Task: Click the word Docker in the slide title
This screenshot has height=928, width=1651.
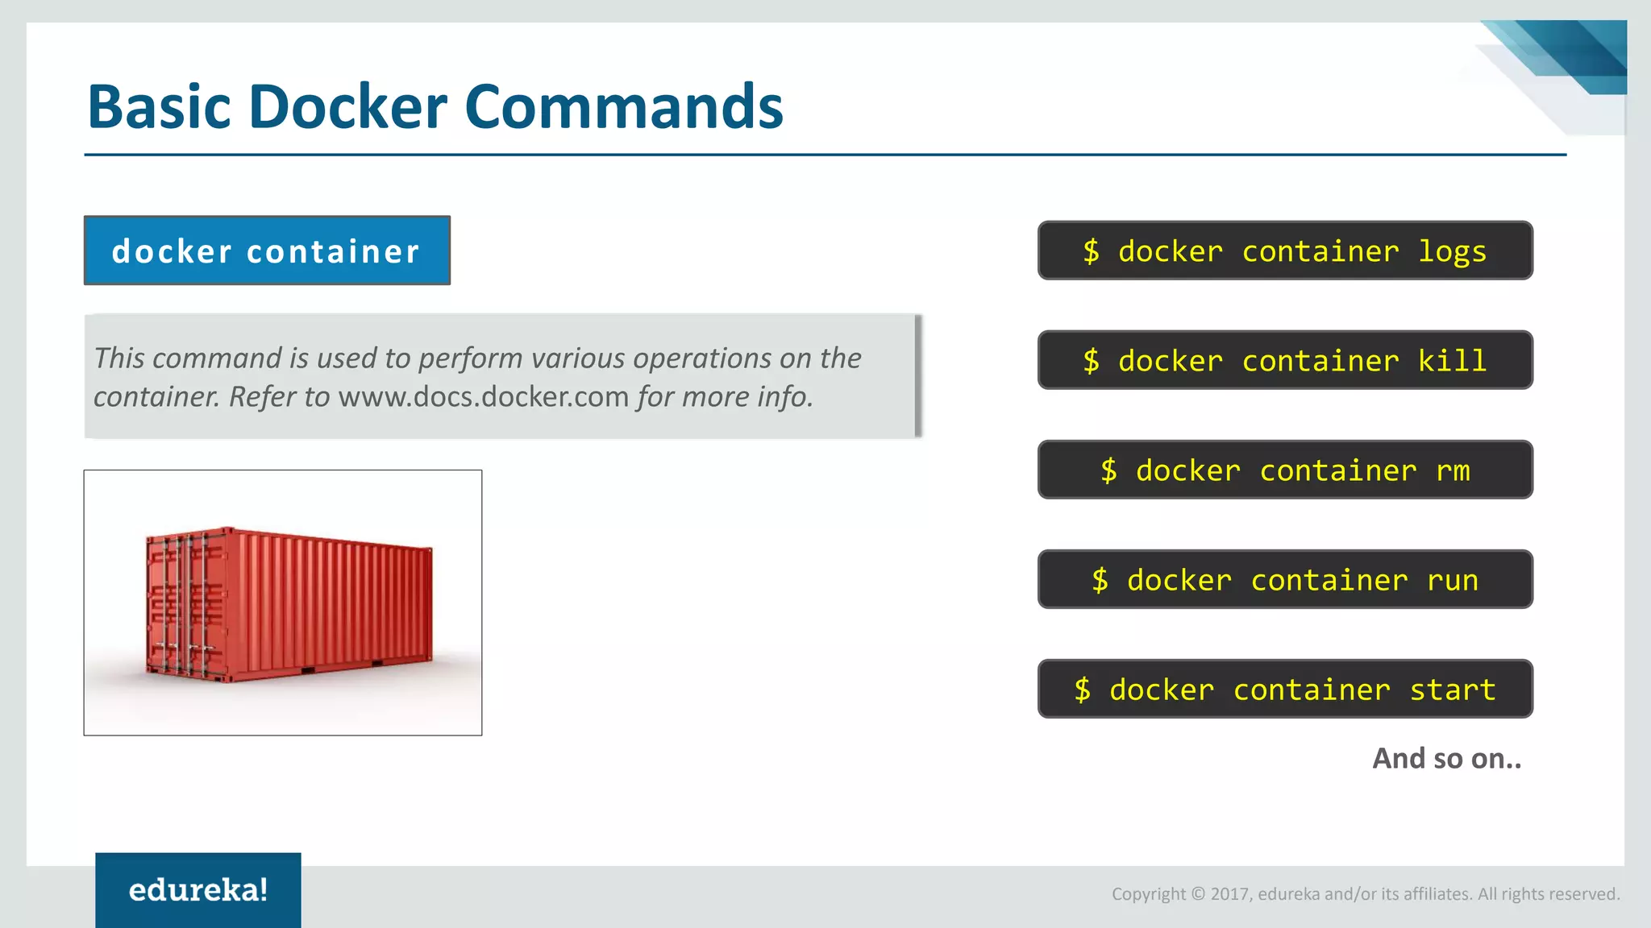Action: (x=347, y=106)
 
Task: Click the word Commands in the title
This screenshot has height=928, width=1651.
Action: (x=623, y=106)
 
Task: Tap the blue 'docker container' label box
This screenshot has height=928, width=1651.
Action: (x=267, y=251)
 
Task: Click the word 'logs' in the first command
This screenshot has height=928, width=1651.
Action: (x=1452, y=251)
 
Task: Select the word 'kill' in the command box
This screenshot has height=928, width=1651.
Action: (x=1452, y=361)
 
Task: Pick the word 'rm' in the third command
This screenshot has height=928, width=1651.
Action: (x=1453, y=470)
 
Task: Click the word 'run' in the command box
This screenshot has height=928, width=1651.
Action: (x=1453, y=580)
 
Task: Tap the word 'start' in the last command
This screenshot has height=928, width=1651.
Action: (x=1453, y=690)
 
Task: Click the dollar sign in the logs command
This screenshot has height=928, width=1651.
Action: (x=1091, y=251)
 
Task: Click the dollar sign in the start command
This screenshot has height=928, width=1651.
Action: (x=1082, y=690)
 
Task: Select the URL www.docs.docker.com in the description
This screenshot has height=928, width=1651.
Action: (x=483, y=397)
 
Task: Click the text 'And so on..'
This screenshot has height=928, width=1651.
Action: (x=1446, y=758)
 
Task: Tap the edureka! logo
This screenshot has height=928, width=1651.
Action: (x=198, y=889)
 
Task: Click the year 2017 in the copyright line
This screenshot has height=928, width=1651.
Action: (x=1229, y=894)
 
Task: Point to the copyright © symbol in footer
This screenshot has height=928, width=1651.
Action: (x=1198, y=894)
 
